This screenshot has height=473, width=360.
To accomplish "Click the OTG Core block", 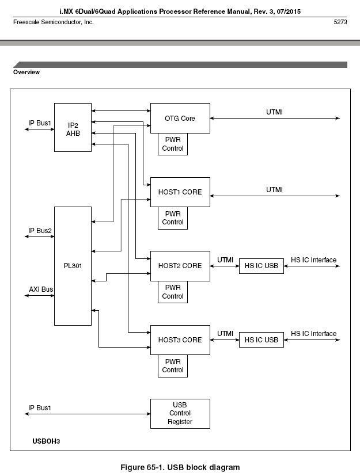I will [180, 119].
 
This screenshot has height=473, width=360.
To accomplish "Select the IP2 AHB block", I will [73, 128].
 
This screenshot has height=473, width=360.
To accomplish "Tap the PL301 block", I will [73, 266].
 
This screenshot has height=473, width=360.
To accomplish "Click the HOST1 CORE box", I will [180, 192].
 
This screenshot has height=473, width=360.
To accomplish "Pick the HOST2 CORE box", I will [180, 266].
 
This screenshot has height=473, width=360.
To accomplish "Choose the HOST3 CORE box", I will [180, 340].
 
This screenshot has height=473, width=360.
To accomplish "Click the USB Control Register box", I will [180, 413].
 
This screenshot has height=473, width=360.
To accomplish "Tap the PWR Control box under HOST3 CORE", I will [173, 366].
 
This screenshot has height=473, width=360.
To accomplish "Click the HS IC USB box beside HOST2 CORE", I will [262, 266].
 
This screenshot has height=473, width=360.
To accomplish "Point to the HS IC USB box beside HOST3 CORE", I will [262, 340].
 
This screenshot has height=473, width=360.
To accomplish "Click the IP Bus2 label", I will [40, 231].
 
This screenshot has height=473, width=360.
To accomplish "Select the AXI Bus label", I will [41, 289].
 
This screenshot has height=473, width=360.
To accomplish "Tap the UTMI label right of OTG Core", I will [275, 112].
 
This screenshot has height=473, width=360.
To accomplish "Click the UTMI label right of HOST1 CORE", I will [275, 189].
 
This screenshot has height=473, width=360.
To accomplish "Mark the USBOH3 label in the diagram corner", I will [46, 441].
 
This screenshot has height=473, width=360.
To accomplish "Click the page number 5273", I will [340, 22].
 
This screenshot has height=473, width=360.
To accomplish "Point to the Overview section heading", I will [26, 73].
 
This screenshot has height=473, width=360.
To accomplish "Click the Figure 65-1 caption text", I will [180, 467].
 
